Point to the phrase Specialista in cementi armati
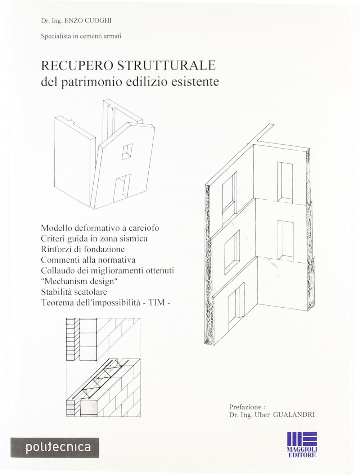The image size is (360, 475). [x=81, y=36]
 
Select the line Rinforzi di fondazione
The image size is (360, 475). [x=83, y=249]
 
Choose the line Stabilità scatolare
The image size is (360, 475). [x=74, y=292]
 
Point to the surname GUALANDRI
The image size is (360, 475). [x=294, y=415]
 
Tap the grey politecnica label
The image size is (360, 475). [x=55, y=447]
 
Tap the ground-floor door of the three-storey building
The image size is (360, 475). [x=236, y=302]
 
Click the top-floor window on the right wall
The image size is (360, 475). [x=285, y=182]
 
